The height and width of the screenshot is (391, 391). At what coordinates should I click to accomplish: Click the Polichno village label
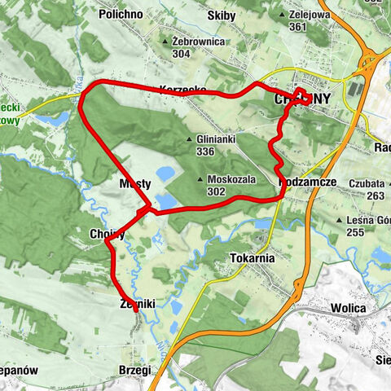click(121, 15)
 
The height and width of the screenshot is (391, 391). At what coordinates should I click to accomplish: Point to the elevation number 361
click(297, 27)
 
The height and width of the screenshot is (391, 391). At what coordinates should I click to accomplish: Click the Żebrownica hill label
click(200, 41)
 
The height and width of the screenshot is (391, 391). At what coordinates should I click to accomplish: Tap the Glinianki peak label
click(216, 139)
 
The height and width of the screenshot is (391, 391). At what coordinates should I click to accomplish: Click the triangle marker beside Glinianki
click(190, 139)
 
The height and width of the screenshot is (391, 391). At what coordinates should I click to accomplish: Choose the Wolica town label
click(351, 309)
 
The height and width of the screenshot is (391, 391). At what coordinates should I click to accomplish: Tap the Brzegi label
click(134, 369)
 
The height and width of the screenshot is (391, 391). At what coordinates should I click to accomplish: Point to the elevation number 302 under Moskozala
click(217, 191)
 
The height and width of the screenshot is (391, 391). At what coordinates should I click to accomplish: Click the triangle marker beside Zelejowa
click(282, 15)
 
